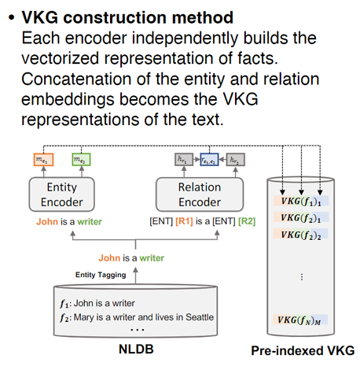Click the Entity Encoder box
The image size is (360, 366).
tap(67, 194)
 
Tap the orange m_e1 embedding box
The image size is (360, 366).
tap(44, 159)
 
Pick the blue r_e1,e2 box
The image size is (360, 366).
tap(209, 159)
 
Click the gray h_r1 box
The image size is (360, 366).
tap(182, 159)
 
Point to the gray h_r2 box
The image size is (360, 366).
tap(235, 159)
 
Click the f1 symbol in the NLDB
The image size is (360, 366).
tap(64, 302)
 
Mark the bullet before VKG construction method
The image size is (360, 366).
tap(9, 17)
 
